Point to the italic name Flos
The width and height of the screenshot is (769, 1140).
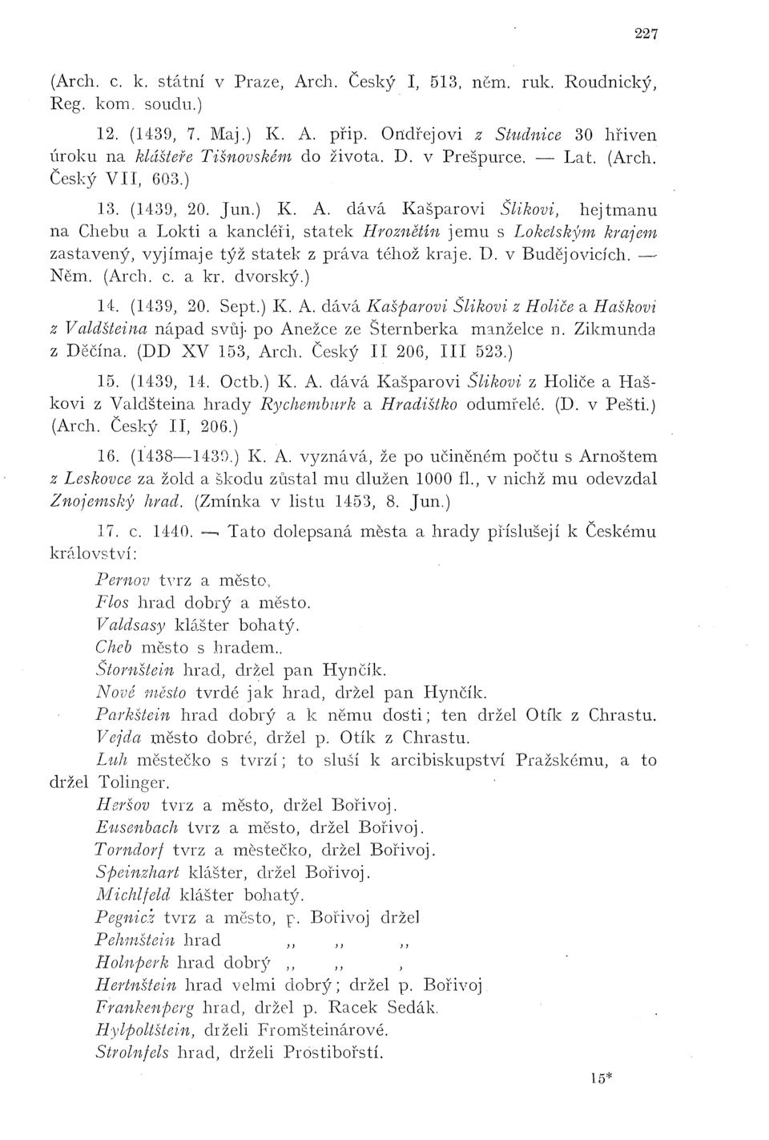(111, 602)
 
